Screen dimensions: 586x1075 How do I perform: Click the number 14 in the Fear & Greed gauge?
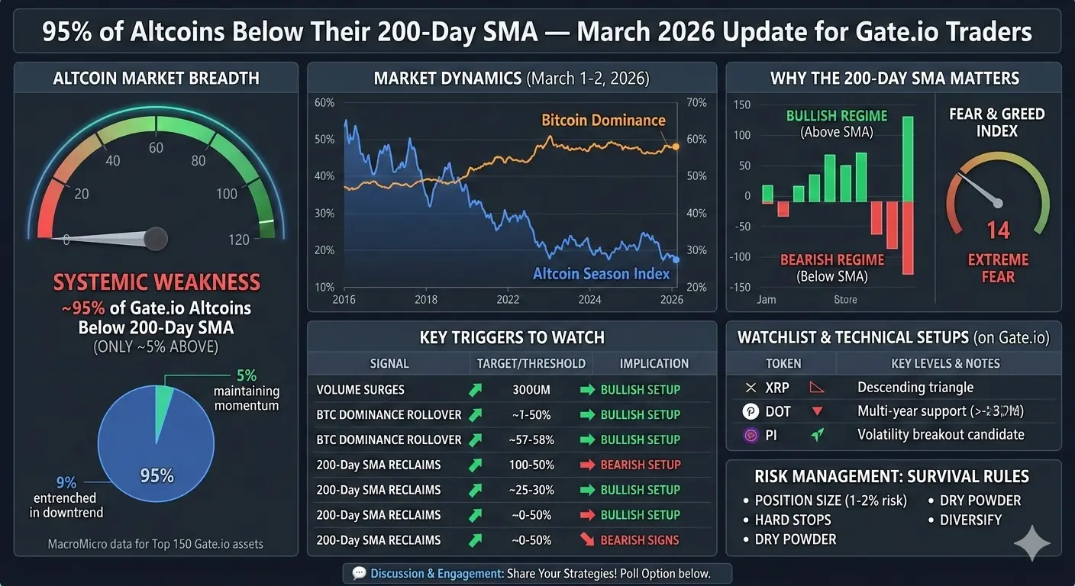pos(998,230)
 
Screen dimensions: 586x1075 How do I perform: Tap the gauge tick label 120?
pos(239,240)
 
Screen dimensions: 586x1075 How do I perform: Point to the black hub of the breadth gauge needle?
pos(156,239)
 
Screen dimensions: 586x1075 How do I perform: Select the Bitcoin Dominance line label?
pos(603,120)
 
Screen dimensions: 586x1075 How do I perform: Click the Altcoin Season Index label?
pos(601,273)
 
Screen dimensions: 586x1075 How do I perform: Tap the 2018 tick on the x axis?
pos(426,300)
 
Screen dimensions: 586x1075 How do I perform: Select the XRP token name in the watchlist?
pos(777,388)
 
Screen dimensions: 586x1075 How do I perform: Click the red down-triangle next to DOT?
pos(817,411)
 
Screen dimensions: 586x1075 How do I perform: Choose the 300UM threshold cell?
pos(531,390)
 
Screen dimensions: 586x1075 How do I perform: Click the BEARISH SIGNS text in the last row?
pos(640,540)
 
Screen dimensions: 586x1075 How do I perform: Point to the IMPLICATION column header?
pos(654,364)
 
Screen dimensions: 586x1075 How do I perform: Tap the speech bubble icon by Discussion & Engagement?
pos(358,573)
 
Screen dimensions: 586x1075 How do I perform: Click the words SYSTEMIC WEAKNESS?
pos(157,282)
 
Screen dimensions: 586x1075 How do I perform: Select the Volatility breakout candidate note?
pos(941,435)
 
